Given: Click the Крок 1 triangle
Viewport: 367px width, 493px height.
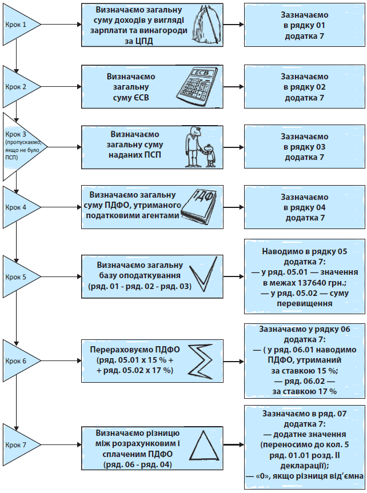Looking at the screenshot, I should (20, 25).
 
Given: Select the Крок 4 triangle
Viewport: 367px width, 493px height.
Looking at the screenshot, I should (20, 207).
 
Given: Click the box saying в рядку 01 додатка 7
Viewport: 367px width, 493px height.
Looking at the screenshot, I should (304, 26).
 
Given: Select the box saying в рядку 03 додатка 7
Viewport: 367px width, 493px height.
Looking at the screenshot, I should (304, 147).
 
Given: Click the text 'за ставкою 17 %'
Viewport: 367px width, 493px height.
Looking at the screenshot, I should (304, 391).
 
